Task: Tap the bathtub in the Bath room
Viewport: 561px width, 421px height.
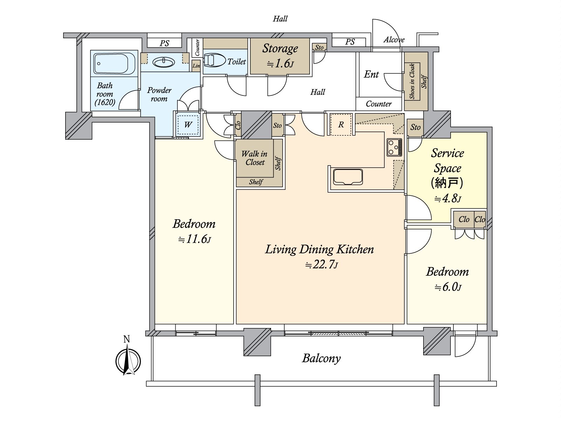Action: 114,64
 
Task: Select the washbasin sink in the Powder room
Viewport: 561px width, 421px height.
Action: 164,62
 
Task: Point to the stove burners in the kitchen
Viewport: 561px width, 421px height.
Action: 394,147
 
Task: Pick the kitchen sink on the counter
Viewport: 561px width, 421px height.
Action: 348,176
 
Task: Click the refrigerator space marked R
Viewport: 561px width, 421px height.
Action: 341,125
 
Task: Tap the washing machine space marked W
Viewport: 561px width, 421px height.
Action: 188,125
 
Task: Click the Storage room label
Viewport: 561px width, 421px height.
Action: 280,48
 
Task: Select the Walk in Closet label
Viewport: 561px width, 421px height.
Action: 255,158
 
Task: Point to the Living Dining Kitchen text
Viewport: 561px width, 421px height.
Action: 319,249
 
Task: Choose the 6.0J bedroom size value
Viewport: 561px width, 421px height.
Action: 448,287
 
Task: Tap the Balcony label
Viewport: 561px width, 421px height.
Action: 322,358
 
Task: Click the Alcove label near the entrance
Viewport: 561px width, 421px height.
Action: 394,40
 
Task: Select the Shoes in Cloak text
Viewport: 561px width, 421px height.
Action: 412,81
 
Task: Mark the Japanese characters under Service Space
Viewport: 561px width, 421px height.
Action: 447,183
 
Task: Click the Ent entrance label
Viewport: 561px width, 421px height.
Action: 371,74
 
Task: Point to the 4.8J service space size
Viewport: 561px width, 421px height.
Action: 448,198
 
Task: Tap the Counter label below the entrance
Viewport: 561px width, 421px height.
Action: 379,104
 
